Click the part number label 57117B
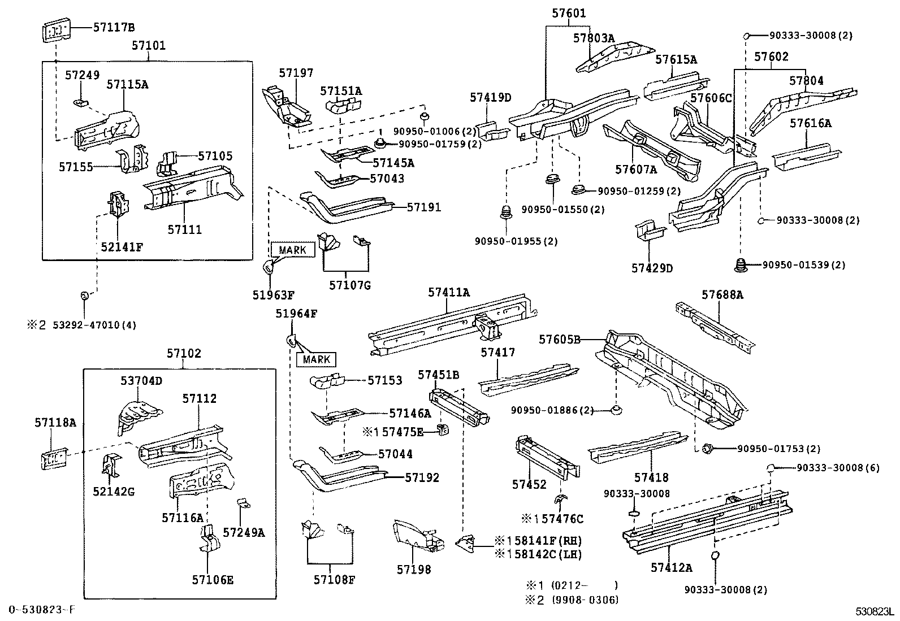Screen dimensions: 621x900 [x=114, y=27]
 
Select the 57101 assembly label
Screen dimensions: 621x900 [x=149, y=45]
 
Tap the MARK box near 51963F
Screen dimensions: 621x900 [x=293, y=250]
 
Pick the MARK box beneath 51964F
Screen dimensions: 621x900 [x=316, y=359]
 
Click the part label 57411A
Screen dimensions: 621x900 [x=449, y=292]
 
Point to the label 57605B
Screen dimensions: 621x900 [x=560, y=340]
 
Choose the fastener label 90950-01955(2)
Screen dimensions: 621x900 [x=516, y=241]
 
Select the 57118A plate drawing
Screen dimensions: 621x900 [x=54, y=458]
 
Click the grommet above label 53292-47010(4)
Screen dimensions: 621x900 [x=84, y=295]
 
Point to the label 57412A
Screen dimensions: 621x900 [x=672, y=567]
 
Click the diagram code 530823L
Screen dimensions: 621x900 [x=874, y=612]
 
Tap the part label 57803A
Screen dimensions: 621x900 [x=594, y=38]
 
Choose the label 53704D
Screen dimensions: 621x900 [x=141, y=381]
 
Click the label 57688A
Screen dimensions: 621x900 [x=722, y=294]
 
